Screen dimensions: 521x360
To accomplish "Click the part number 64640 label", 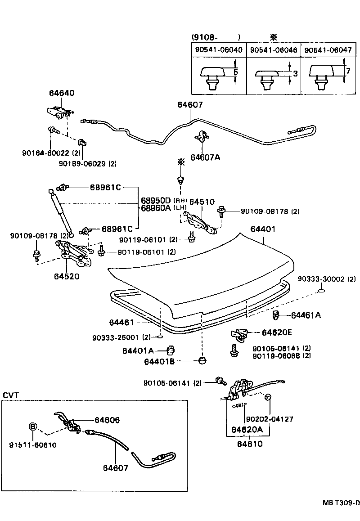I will pos(62,93).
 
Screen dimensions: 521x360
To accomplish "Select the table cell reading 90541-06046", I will pos(273,50).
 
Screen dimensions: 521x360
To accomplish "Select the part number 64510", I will pos(202,202).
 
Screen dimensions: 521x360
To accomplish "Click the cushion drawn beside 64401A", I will pos(171,350).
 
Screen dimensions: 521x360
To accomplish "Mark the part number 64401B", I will pos(159,361).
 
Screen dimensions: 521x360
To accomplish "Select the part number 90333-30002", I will pos(321,279).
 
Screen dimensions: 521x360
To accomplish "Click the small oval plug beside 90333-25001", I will pos(160,337).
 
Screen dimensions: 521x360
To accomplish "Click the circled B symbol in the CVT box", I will pos(33,427).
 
